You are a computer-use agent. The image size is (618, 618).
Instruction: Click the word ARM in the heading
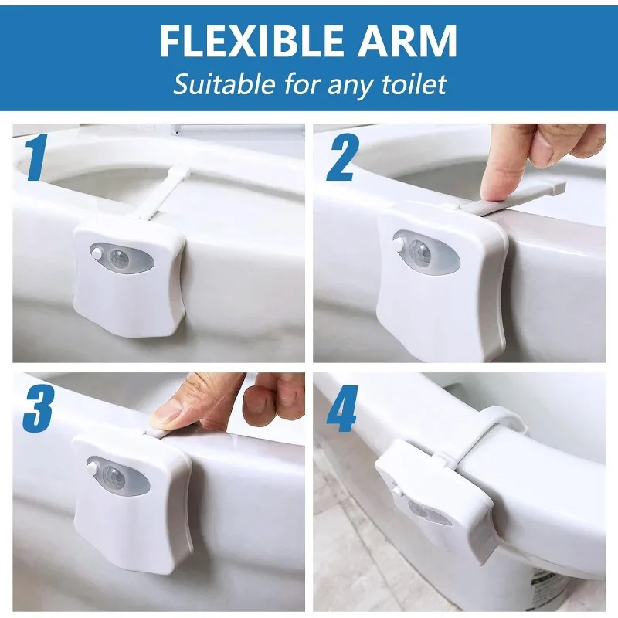(x=408, y=41)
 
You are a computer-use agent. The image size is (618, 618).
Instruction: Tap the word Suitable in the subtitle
(x=224, y=83)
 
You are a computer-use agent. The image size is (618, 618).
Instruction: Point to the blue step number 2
(x=342, y=158)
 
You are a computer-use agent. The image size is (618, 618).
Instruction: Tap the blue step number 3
(x=37, y=408)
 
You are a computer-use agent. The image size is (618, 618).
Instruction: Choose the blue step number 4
(x=342, y=409)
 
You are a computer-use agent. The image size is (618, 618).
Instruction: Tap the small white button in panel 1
(x=96, y=253)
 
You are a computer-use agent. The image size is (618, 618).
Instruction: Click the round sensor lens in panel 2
(x=420, y=250)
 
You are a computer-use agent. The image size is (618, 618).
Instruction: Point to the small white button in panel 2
(x=399, y=242)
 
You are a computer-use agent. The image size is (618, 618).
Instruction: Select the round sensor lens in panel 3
(x=114, y=476)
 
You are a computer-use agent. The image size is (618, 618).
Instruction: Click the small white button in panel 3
(x=93, y=469)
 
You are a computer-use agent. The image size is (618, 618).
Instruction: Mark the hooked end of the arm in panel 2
(x=555, y=188)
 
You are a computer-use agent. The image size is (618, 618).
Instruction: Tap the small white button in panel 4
(x=396, y=491)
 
